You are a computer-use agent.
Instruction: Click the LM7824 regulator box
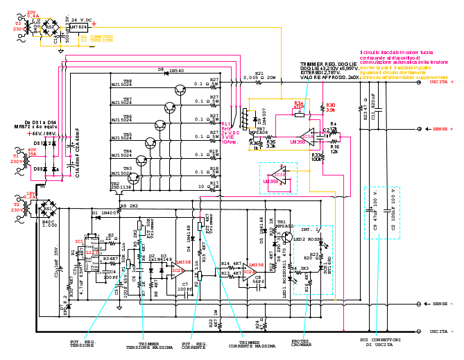78,27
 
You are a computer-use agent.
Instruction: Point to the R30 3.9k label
330,108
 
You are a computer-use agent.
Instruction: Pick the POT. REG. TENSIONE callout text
82,345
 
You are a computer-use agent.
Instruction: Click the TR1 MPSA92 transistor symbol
286,237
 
